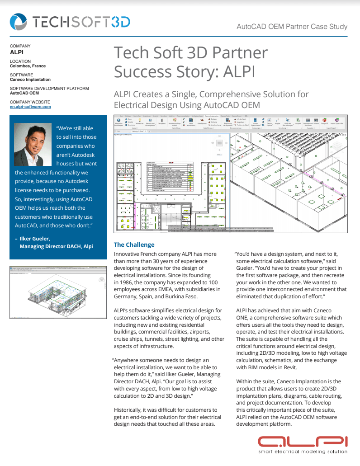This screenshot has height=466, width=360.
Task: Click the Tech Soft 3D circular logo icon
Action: click(x=19, y=22)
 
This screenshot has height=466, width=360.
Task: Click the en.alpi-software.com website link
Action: click(x=30, y=107)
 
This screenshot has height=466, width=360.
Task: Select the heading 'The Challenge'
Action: click(x=134, y=245)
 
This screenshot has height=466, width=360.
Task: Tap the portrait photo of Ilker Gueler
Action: click(x=33, y=145)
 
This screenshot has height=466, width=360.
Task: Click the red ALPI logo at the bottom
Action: click(x=302, y=441)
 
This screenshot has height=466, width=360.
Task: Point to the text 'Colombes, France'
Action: click(x=28, y=66)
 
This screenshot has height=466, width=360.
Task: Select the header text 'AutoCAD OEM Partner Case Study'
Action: click(x=292, y=27)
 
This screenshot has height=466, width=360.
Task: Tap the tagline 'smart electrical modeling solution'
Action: click(x=303, y=451)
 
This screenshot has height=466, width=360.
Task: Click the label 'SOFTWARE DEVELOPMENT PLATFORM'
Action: click(x=49, y=89)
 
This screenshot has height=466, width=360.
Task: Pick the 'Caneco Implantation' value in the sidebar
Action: click(x=30, y=80)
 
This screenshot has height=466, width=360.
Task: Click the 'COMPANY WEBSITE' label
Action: click(x=30, y=102)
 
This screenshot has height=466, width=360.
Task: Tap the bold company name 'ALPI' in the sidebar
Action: click(x=16, y=52)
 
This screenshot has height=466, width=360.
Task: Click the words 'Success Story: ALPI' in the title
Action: click(x=184, y=71)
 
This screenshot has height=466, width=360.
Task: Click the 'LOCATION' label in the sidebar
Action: click(x=20, y=61)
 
